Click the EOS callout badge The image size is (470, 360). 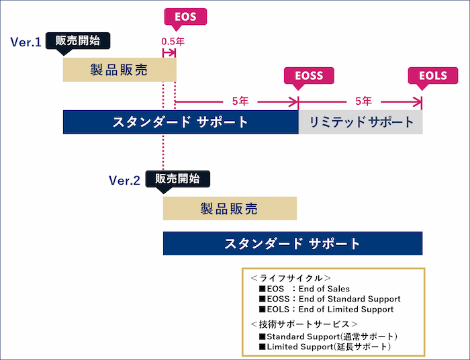pos(185,17)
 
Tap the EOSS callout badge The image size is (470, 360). pos(308,76)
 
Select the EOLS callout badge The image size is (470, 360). pos(432,76)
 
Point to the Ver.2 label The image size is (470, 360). pos(124,181)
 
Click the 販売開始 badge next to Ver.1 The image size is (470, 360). pos(77,40)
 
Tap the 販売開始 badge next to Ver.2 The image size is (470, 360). pos(177,179)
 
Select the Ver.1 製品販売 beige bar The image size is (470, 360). pos(119,69)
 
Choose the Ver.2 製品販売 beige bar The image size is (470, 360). pos(229,208)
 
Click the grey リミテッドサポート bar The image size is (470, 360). pos(361,122)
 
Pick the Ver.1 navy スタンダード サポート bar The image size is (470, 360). pos(180,122)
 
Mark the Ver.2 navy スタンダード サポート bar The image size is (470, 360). pos(292,243)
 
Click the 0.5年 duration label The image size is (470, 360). pos(173,42)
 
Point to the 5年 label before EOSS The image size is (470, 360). pos(240,101)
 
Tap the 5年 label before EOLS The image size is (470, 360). pos(363,101)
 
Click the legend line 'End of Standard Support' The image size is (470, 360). pos(329,299)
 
